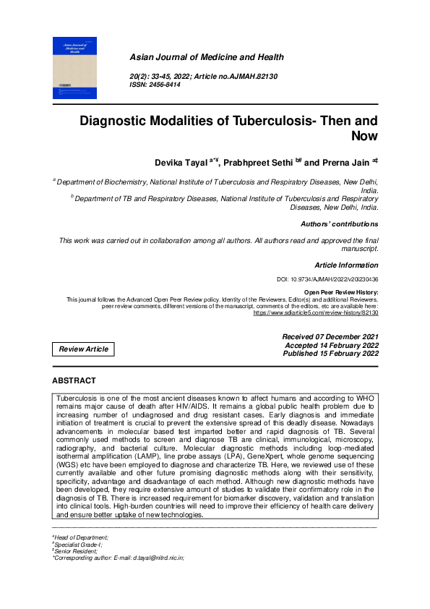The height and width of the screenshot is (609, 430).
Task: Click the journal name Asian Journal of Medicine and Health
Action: coord(206,57)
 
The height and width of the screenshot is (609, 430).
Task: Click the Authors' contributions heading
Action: coord(339,224)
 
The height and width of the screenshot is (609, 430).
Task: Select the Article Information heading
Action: coord(346,265)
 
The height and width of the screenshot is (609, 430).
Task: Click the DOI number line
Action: coord(327,278)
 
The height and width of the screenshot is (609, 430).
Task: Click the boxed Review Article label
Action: coord(84,349)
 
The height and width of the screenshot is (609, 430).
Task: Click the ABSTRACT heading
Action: coord(74,380)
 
